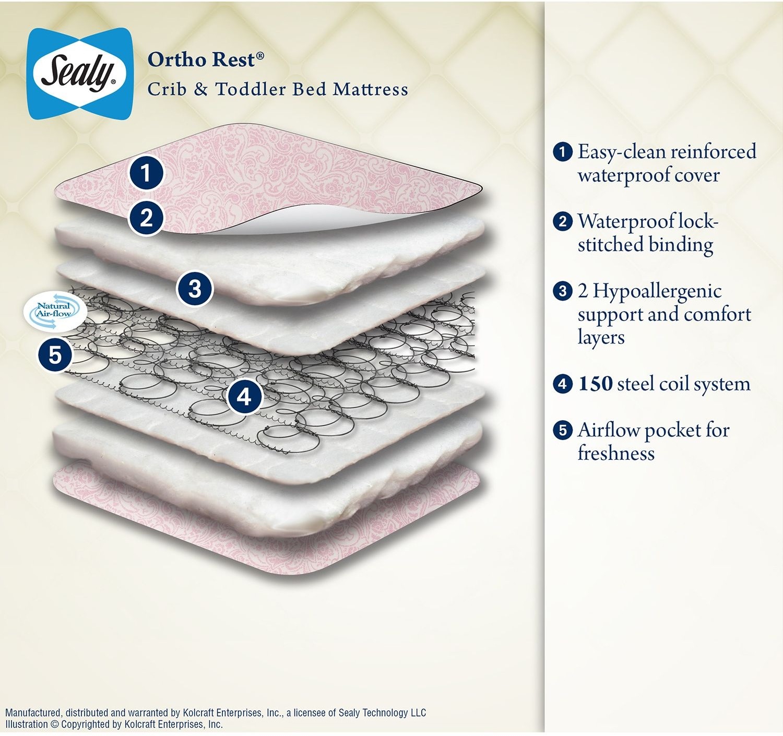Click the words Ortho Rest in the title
(x=201, y=60)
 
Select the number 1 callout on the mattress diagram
(x=146, y=173)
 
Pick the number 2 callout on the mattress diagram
(x=146, y=217)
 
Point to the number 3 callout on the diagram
(x=195, y=288)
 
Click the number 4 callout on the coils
(x=244, y=397)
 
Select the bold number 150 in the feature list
(x=595, y=384)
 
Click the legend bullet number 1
(x=562, y=152)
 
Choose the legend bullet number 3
(x=562, y=291)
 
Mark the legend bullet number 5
(x=562, y=430)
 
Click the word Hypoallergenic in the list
(x=657, y=291)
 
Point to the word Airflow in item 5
(x=608, y=430)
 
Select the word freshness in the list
(x=616, y=453)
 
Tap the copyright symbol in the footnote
(x=55, y=725)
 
